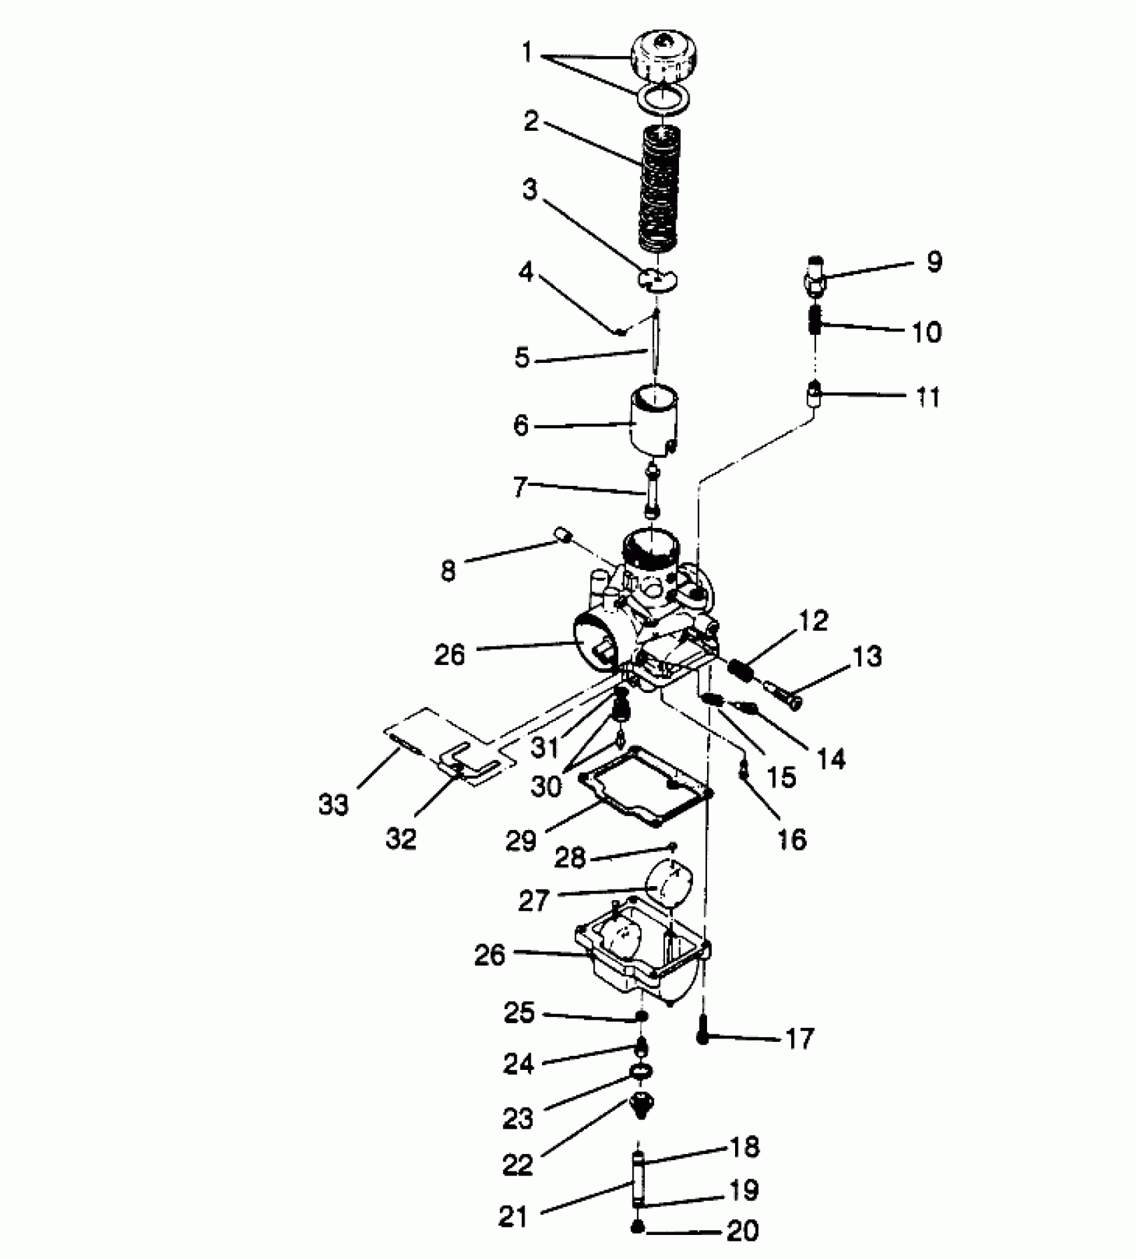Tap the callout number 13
click(867, 656)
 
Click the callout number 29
click(521, 840)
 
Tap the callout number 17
click(799, 1038)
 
